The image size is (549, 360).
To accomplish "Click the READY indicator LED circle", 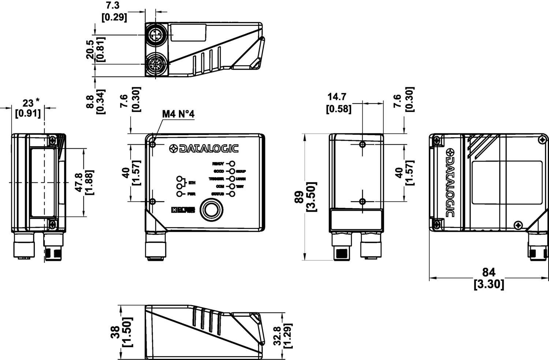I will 232,164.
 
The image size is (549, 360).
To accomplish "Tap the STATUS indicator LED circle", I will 232,194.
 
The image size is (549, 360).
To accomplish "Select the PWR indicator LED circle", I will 179,194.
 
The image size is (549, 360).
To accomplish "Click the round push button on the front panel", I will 210,209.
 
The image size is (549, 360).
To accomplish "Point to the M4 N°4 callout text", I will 178,114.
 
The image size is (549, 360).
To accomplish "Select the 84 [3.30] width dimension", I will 489,278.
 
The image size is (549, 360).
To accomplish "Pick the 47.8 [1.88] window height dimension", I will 84,182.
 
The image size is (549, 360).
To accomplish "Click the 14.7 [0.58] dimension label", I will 339,103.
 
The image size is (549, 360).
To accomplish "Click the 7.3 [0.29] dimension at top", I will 114,11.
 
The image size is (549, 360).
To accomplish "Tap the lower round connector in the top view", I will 157,64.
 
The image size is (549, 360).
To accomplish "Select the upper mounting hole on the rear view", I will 362,144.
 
